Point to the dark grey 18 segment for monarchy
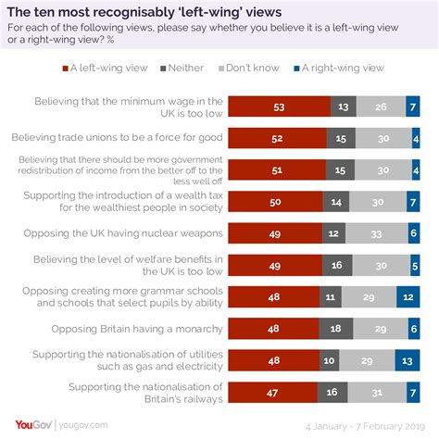pos(337,329)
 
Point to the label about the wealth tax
pos(124,203)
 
